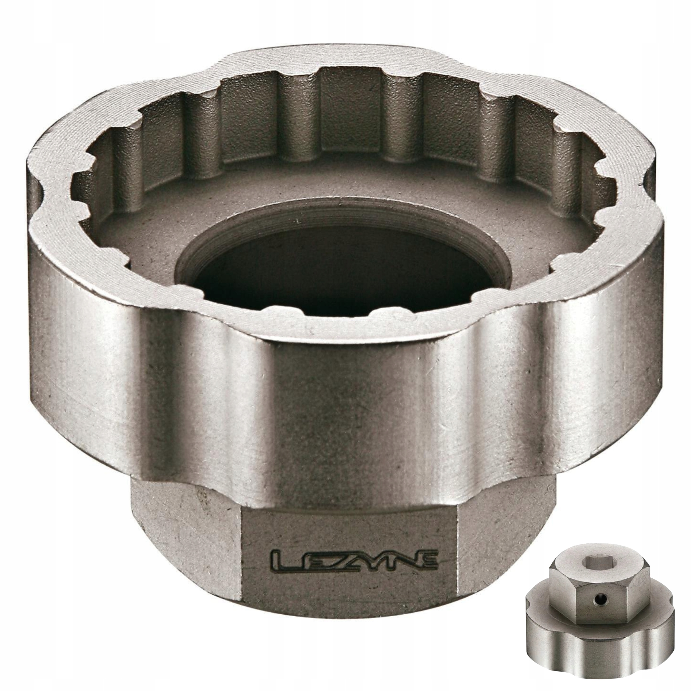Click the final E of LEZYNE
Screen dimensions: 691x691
425,560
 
